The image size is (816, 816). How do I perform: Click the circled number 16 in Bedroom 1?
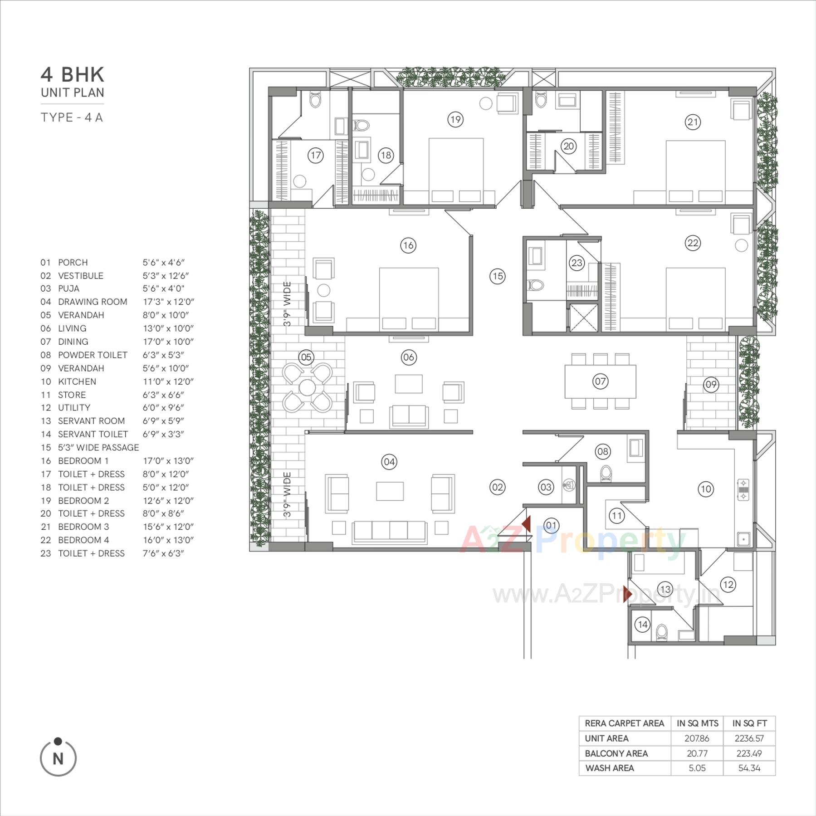pyautogui.click(x=408, y=245)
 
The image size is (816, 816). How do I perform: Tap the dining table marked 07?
pyautogui.click(x=600, y=381)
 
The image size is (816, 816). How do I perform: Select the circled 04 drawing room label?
pyautogui.click(x=389, y=462)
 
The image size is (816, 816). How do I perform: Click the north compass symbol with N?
pyautogui.click(x=58, y=758)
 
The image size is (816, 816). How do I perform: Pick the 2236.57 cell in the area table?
pyautogui.click(x=749, y=738)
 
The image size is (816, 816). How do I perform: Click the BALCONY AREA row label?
pyautogui.click(x=616, y=753)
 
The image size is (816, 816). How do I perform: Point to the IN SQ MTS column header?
pyautogui.click(x=697, y=723)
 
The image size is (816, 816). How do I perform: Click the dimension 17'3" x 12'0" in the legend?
pyautogui.click(x=168, y=302)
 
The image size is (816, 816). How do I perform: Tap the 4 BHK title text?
pyautogui.click(x=73, y=74)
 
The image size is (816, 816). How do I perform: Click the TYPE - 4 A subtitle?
pyautogui.click(x=72, y=117)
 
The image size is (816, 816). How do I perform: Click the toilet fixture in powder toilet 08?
pyautogui.click(x=606, y=474)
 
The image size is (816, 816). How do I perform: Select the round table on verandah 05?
pyautogui.click(x=307, y=387)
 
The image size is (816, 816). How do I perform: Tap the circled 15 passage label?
pyautogui.click(x=497, y=276)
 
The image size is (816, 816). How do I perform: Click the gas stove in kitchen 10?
pyautogui.click(x=743, y=490)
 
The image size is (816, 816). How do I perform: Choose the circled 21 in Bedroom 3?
pyautogui.click(x=692, y=122)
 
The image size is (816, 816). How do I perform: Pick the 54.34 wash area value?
pyautogui.click(x=749, y=768)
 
